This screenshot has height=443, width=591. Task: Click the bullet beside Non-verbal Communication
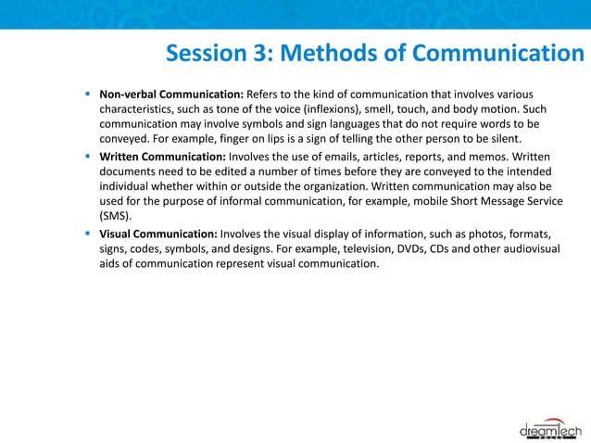click(86, 94)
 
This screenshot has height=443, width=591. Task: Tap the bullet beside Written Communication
click(86, 157)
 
